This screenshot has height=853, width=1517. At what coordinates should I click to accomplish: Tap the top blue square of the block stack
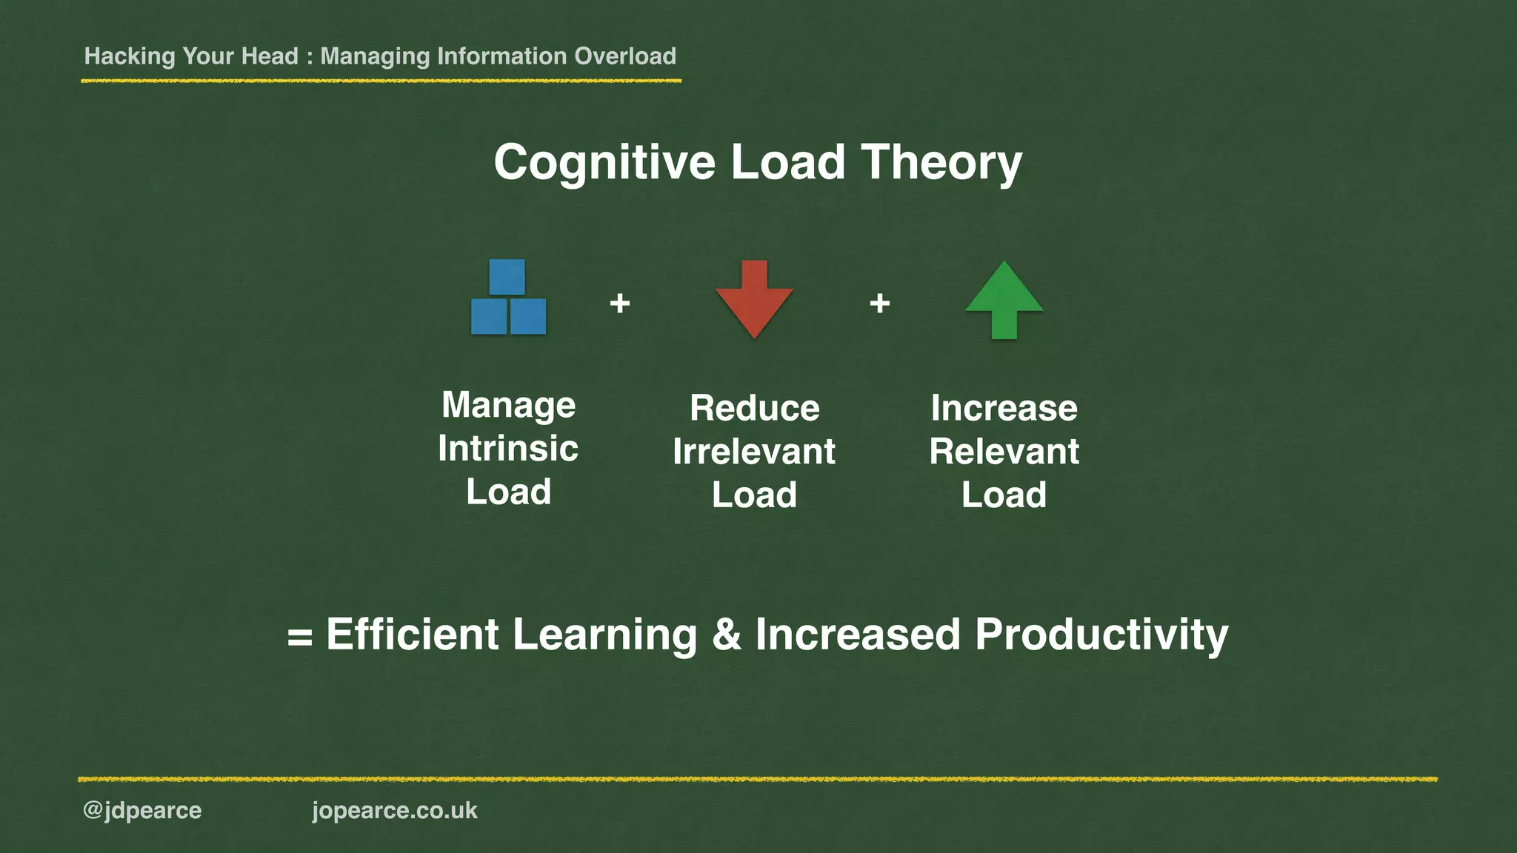point(507,277)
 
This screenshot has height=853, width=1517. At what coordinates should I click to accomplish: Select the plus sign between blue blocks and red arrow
point(620,303)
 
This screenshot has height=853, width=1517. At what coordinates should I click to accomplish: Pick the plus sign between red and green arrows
point(879,303)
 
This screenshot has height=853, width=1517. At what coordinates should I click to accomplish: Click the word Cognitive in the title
point(604,163)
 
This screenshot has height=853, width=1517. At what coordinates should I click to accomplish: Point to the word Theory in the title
point(941,163)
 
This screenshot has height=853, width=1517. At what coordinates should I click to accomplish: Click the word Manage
point(508,406)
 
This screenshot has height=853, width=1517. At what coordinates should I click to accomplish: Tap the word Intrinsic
point(508,449)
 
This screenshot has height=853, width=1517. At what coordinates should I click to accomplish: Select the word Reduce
point(755,408)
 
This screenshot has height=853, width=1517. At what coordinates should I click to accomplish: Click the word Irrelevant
point(754,452)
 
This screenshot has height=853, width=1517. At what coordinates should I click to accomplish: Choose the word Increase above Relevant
point(1004,408)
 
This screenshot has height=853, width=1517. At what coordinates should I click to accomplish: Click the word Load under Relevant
point(1004,495)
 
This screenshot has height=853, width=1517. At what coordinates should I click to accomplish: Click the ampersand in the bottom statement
point(727,635)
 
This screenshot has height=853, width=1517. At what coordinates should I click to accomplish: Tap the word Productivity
point(1101,635)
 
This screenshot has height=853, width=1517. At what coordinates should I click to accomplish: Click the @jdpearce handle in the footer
point(142,811)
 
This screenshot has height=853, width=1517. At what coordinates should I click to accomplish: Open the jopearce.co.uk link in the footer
point(395,811)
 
